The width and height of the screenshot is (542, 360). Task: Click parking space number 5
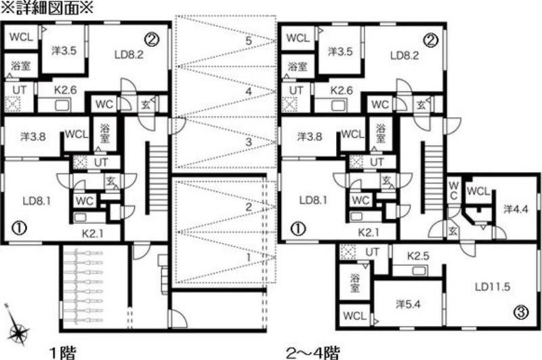(x=249, y=41)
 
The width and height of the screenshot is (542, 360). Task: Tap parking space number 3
(x=249, y=142)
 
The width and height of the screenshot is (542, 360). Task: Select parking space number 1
(x=249, y=258)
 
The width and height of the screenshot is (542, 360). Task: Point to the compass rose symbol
(x=18, y=326)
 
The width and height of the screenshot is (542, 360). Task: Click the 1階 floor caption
(x=62, y=353)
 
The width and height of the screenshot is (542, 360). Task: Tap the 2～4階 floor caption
(x=313, y=353)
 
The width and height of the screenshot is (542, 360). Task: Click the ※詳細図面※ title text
(x=47, y=7)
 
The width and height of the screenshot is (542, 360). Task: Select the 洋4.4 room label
(x=516, y=209)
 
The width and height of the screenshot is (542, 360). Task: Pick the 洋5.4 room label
(x=408, y=304)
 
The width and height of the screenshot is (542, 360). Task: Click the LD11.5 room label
(x=493, y=286)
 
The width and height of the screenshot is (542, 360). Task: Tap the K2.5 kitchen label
(x=418, y=256)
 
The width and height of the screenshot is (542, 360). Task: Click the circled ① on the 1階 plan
(x=20, y=228)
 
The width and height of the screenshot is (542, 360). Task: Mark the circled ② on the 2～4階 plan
(x=431, y=41)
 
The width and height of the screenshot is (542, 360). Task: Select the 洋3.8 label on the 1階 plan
(x=33, y=136)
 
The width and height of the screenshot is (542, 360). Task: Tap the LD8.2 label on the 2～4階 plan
(x=404, y=56)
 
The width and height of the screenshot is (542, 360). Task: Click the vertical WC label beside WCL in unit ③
(x=453, y=191)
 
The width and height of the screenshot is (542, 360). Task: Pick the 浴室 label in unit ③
(x=354, y=283)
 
